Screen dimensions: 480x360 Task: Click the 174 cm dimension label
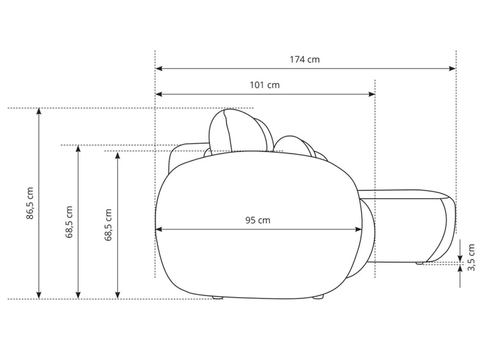coord(305,59)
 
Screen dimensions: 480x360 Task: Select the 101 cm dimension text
coord(265,84)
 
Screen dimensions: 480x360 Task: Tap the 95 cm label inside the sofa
coord(258,220)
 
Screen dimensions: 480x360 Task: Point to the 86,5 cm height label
coord(29,203)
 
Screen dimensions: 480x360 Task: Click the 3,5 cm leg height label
coord(471,257)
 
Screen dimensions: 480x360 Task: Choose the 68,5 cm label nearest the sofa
coord(108,225)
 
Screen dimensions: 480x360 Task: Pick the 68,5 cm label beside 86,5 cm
coord(69,222)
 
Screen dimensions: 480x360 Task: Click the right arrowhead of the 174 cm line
coord(452,68)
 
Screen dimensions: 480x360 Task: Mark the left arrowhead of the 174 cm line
coord(159,68)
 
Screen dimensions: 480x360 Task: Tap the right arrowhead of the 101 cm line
coord(371,94)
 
